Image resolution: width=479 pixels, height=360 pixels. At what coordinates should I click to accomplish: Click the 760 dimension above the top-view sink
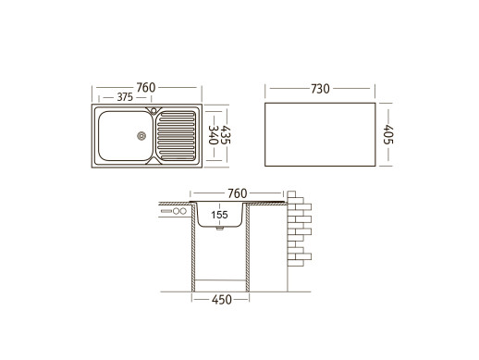146,88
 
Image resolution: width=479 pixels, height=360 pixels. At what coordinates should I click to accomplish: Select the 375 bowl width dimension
125,97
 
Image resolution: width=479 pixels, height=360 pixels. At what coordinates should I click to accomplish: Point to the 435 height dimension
226,135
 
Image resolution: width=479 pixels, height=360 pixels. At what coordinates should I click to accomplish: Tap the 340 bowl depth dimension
214,135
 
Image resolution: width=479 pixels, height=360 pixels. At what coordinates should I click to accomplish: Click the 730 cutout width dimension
320,89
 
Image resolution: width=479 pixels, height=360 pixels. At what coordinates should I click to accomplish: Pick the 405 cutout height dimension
388,134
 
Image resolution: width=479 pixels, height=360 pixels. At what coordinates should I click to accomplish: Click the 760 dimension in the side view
238,193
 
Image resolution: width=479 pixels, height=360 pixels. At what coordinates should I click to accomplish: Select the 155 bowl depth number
219,215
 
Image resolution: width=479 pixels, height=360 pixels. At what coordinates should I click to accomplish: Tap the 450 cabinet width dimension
222,300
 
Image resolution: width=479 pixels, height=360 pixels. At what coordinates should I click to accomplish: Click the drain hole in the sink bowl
141,136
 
